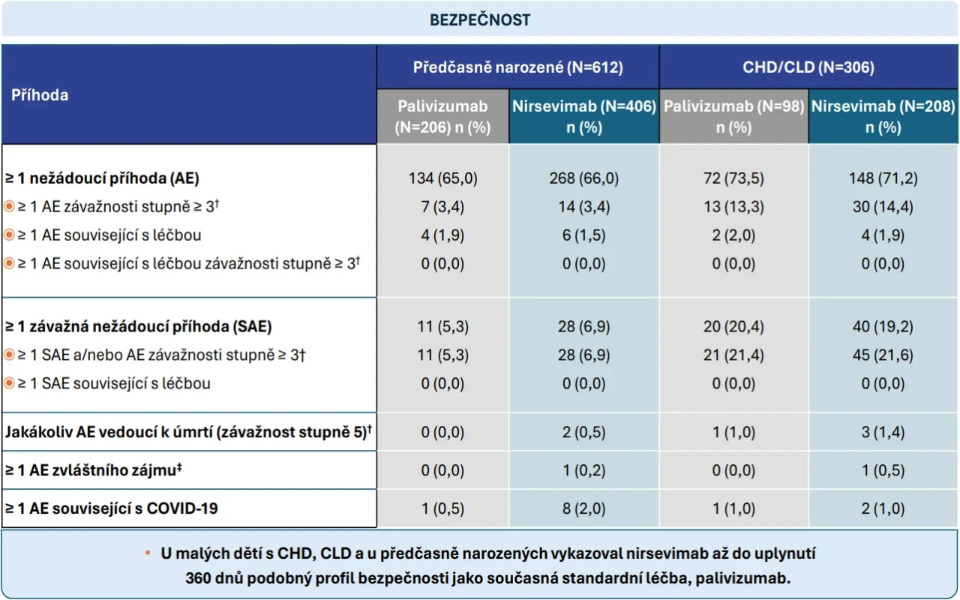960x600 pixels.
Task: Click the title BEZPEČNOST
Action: click(480, 19)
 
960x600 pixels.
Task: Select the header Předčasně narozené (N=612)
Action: click(517, 67)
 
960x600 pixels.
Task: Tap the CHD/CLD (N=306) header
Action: click(808, 67)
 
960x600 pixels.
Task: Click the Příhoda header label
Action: click(40, 95)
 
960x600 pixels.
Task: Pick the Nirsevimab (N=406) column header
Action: click(584, 116)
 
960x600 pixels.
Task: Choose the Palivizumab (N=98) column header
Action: click(733, 116)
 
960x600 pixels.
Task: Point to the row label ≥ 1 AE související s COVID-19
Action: click(112, 508)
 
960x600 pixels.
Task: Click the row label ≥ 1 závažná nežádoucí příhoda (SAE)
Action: click(139, 326)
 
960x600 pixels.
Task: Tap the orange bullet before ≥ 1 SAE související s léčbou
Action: click(9, 383)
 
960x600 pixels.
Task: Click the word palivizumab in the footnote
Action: click(742, 578)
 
